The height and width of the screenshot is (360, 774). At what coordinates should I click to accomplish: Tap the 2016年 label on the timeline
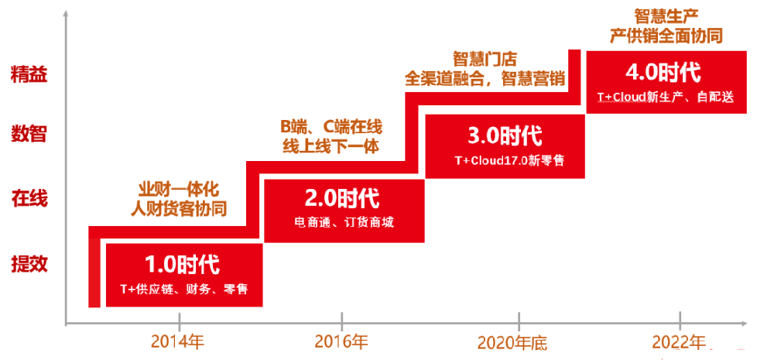click(x=341, y=341)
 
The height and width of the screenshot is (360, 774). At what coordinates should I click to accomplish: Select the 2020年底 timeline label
click(x=513, y=342)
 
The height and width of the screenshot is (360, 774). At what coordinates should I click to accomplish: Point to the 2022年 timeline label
click(x=679, y=341)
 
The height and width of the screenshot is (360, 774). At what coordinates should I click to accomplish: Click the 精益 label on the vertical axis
click(x=29, y=76)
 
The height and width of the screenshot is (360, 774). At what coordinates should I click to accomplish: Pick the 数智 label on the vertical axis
click(x=29, y=133)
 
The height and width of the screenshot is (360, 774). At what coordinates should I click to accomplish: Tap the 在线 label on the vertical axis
click(x=29, y=199)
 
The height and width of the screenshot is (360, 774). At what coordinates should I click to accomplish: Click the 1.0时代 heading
click(x=182, y=266)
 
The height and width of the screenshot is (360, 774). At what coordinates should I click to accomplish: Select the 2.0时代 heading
click(x=343, y=200)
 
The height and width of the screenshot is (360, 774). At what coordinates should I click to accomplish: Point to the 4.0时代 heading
click(x=663, y=73)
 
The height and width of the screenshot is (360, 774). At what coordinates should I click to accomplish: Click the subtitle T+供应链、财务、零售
click(x=184, y=290)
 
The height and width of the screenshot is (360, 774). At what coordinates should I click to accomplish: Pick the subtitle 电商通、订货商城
click(x=344, y=223)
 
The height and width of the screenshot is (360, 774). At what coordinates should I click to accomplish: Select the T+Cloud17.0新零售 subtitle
click(x=509, y=160)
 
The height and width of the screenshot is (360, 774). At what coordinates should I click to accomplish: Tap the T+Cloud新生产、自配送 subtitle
click(x=666, y=98)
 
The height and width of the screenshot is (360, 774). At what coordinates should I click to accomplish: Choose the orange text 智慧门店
click(x=485, y=60)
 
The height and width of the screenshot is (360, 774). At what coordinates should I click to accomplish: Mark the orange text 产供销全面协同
click(x=666, y=36)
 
